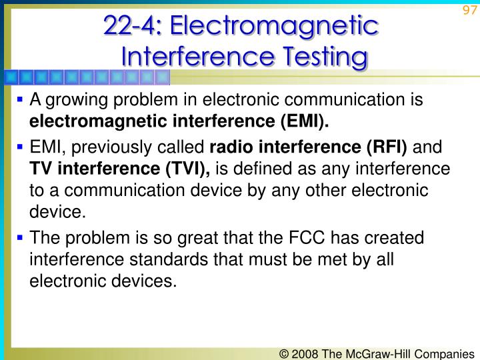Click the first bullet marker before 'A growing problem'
(20, 100)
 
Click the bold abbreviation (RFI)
(389, 147)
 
